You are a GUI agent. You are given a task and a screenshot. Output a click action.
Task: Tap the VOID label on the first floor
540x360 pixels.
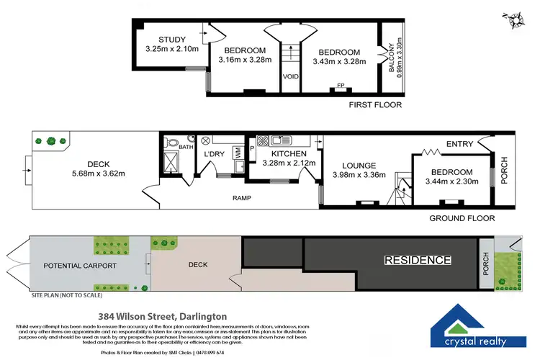coord(290,76)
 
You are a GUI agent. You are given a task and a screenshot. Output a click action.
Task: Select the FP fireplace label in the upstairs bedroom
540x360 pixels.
coord(341,85)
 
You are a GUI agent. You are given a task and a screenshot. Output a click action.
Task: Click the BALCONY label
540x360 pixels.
coord(392,55)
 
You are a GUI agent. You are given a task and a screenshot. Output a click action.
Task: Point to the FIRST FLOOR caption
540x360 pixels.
coord(374,105)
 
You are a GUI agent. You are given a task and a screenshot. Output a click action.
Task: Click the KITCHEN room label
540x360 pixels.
coord(289,153)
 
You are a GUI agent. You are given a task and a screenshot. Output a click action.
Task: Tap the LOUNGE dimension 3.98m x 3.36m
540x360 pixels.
coord(359,174)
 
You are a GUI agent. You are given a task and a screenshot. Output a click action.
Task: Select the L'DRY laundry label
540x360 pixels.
coord(215,155)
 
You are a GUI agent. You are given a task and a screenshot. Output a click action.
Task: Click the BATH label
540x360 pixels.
coord(186,147)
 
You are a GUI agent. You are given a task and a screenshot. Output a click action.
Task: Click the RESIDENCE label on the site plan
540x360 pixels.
coord(417,260)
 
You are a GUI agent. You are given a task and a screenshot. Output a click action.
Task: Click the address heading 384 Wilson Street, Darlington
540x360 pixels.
coord(162,316)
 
